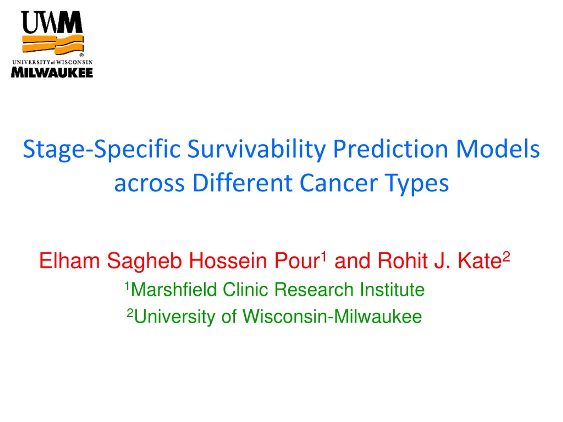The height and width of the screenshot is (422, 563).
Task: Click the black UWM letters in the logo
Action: click(52, 22)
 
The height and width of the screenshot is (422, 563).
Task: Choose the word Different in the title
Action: click(242, 183)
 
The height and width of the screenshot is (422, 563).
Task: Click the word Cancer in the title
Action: click(339, 183)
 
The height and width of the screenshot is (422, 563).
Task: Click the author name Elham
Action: click(69, 260)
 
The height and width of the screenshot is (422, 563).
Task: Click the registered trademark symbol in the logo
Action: click(81, 55)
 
